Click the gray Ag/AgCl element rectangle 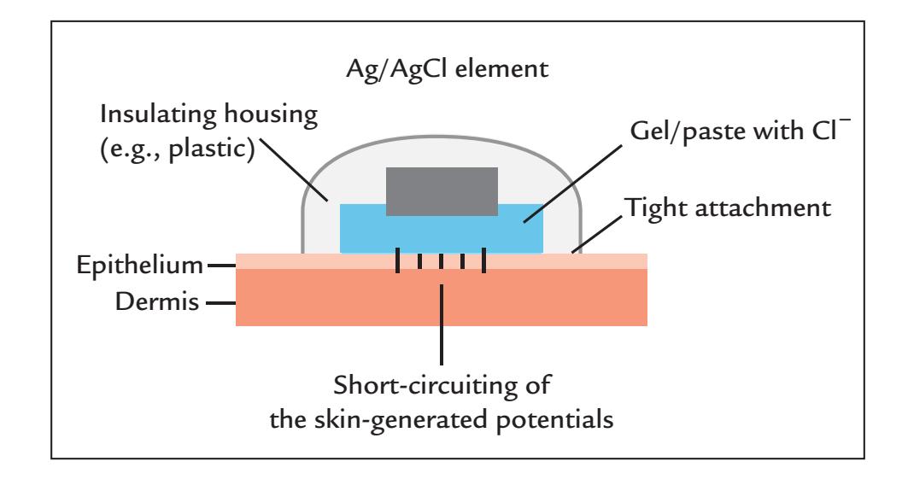point(442,190)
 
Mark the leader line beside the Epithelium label point(220,266)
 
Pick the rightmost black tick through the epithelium point(483,260)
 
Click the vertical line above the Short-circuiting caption point(442,321)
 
